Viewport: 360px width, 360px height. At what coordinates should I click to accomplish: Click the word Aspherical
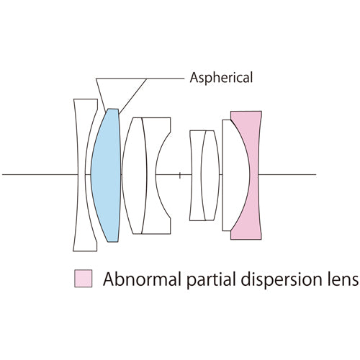[x=221, y=78]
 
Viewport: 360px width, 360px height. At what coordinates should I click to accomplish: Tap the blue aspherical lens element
[x=106, y=175]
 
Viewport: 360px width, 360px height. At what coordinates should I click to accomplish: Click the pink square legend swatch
[x=84, y=279]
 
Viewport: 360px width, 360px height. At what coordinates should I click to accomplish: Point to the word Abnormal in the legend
[x=142, y=279]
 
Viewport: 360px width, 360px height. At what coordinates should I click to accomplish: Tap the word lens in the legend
[x=346, y=279]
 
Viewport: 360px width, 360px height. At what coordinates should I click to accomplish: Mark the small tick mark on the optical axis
[x=180, y=175]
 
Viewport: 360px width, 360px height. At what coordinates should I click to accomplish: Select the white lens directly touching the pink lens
[x=234, y=175]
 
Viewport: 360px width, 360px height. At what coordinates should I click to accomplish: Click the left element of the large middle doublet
[x=135, y=175]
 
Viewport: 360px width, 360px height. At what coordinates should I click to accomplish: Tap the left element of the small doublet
[x=196, y=175]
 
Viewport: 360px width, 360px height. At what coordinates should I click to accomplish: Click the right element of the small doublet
[x=210, y=175]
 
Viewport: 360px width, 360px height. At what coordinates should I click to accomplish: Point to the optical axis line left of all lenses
[x=40, y=174]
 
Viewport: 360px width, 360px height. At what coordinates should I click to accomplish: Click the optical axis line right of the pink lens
[x=287, y=174]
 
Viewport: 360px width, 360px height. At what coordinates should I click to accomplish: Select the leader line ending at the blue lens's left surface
[x=101, y=95]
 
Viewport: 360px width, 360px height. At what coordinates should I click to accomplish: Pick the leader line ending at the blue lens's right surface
[x=132, y=96]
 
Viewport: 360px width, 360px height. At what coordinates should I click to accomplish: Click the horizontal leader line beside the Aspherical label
[x=140, y=78]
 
